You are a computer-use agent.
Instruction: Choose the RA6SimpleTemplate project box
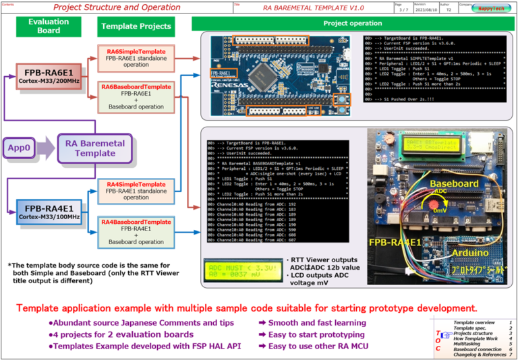coord(136,59)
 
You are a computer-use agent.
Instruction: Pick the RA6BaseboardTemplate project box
coord(136,96)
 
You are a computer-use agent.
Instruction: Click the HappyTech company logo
coord(494,8)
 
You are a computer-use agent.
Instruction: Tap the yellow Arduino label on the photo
coord(469,253)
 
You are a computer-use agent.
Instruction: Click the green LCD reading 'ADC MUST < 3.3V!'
coord(243,268)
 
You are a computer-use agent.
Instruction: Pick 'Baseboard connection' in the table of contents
coord(476,349)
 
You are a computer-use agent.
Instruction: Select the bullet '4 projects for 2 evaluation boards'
coord(120,334)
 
